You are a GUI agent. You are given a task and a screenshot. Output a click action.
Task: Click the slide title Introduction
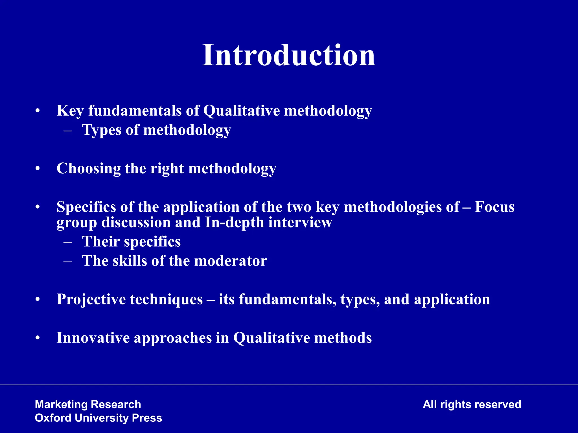[289, 55]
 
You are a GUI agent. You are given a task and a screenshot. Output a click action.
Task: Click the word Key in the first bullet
[70, 111]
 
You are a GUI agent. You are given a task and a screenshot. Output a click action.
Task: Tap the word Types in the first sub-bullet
[101, 130]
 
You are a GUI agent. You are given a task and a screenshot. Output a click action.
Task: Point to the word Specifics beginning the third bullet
[86, 207]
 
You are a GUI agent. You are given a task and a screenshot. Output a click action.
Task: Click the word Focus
[494, 207]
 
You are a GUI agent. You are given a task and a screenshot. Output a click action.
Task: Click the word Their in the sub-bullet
[100, 242]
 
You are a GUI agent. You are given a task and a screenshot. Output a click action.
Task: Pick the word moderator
[230, 261]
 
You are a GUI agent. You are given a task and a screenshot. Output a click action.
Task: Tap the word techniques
[166, 299]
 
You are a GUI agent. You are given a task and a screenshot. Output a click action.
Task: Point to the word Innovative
[93, 338]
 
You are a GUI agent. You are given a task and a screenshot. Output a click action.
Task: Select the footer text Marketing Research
[88, 405]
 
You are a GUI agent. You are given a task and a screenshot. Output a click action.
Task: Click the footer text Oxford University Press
[98, 418]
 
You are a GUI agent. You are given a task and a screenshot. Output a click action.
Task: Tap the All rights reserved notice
[472, 405]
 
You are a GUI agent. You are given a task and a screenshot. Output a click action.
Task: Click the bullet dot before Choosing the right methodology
[38, 169]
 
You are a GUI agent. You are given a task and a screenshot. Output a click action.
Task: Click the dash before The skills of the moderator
[68, 261]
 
